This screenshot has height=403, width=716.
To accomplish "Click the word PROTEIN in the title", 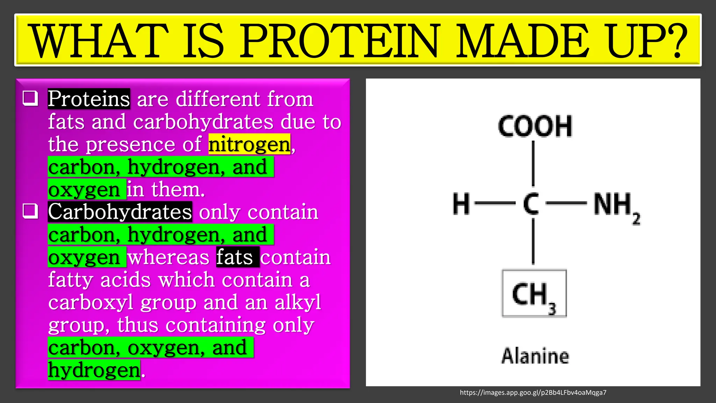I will pyautogui.click(x=338, y=41).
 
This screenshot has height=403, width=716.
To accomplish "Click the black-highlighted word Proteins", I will pyautogui.click(x=89, y=99).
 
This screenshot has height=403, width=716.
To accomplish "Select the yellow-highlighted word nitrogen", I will pyautogui.click(x=249, y=144).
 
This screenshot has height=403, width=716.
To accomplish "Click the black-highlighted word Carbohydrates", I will pyautogui.click(x=120, y=212).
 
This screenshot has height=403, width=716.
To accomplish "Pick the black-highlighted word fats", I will pyautogui.click(x=237, y=257).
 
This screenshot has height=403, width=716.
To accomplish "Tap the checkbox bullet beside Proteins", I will pyautogui.click(x=30, y=98).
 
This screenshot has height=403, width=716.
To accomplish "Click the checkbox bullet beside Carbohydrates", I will pyautogui.click(x=30, y=211).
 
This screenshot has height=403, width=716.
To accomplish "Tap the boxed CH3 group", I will pyautogui.click(x=534, y=294).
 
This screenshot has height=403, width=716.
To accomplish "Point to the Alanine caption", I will pyautogui.click(x=535, y=356).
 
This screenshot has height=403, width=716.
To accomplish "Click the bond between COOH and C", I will pyautogui.click(x=533, y=163).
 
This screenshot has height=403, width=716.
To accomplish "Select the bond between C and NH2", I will pyautogui.click(x=566, y=203).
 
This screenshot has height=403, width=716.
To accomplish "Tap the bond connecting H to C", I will pyautogui.click(x=495, y=203).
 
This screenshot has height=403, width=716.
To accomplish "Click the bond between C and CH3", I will pyautogui.click(x=533, y=241).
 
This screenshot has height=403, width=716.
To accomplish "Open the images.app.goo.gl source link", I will pyautogui.click(x=533, y=393).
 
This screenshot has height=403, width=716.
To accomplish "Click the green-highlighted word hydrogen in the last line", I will pyautogui.click(x=94, y=370).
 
